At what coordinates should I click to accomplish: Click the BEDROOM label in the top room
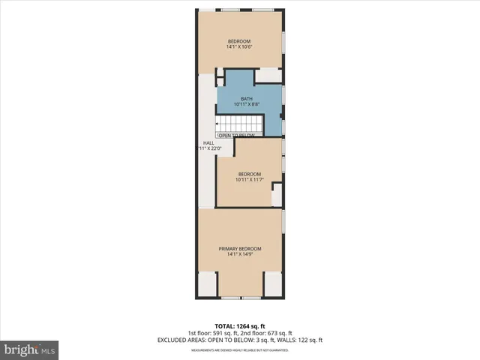239,40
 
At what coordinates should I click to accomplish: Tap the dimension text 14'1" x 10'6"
239,47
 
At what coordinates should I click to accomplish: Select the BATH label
247,99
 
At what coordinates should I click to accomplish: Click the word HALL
208,142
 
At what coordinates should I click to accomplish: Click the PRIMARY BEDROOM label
240,248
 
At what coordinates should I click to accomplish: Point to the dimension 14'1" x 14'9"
240,255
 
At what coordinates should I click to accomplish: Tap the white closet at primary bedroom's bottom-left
208,283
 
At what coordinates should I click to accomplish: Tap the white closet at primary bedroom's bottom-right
272,283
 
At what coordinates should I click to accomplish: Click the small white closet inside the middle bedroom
277,194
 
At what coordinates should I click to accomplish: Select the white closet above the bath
268,76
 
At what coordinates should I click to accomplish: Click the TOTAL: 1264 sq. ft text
240,326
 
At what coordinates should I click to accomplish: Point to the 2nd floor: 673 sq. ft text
269,333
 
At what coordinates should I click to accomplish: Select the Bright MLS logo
30,349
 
